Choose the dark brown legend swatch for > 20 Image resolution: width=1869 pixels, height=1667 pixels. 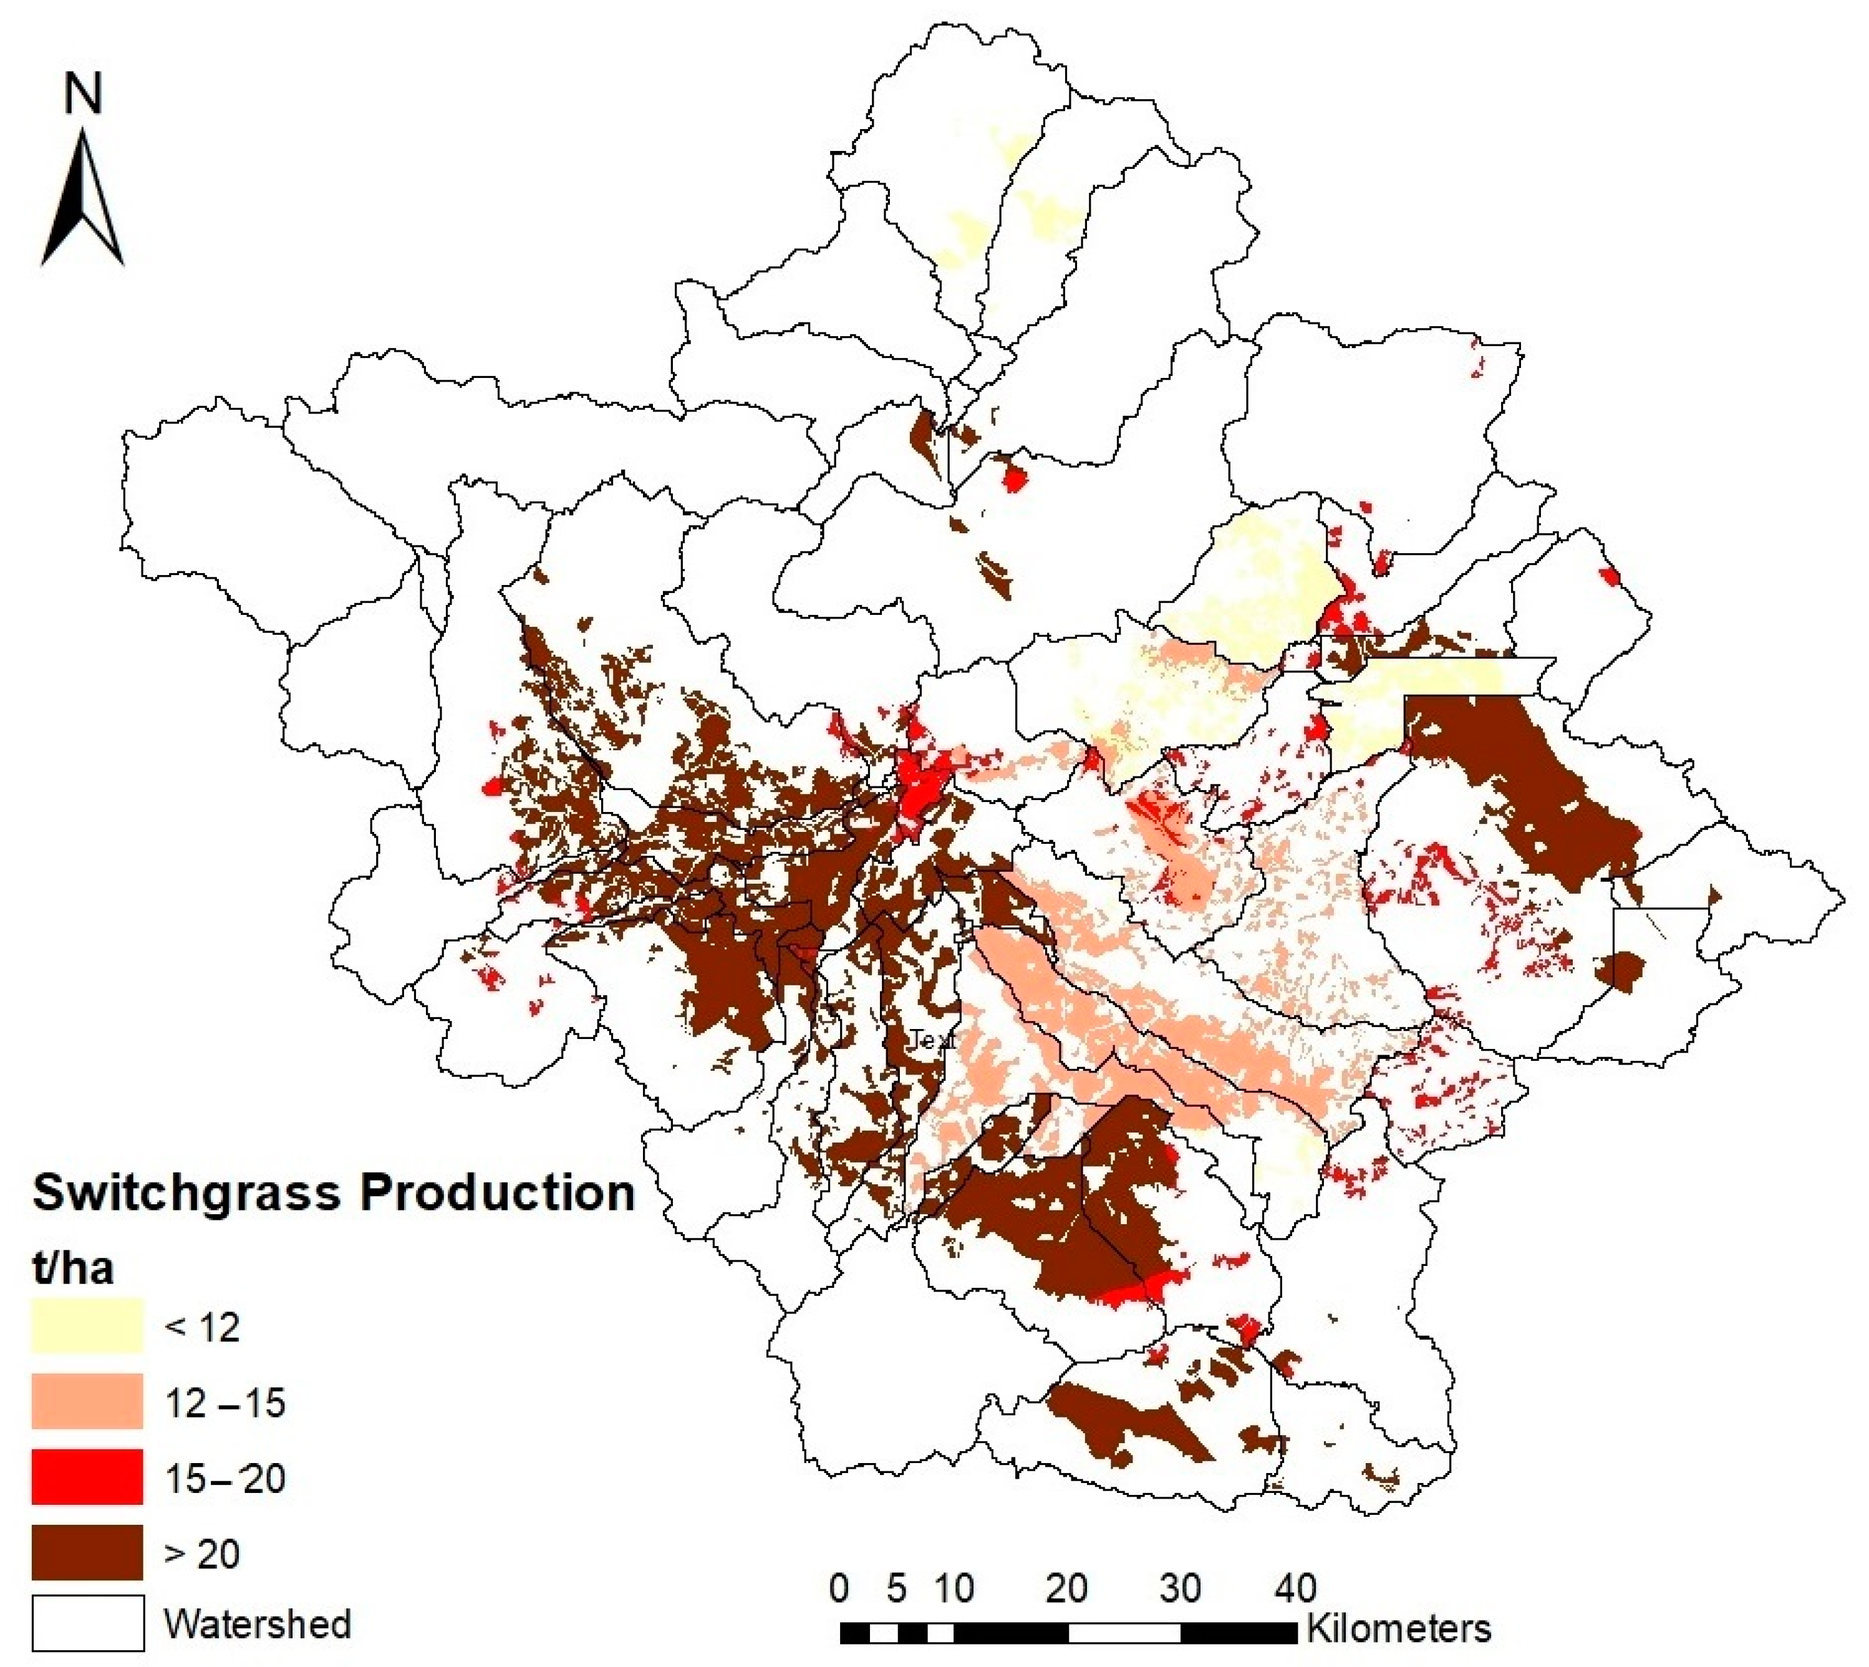88,1552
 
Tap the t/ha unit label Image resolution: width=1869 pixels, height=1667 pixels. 73,1268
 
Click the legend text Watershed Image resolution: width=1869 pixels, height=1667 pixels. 258,1624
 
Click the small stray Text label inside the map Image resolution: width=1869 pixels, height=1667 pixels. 933,1040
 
